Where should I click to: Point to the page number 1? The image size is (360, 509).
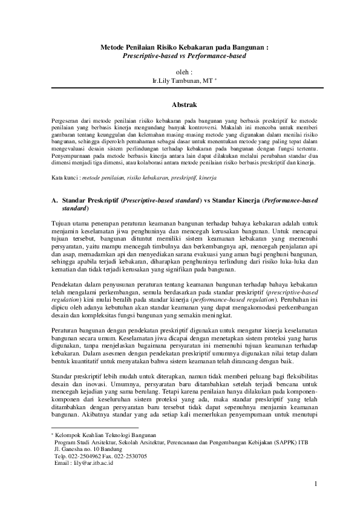pyautogui.click(x=315, y=484)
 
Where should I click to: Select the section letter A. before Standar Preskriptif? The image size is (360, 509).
pyautogui.click(x=54, y=199)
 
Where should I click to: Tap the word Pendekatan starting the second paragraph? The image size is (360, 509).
pyautogui.click(x=67, y=284)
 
